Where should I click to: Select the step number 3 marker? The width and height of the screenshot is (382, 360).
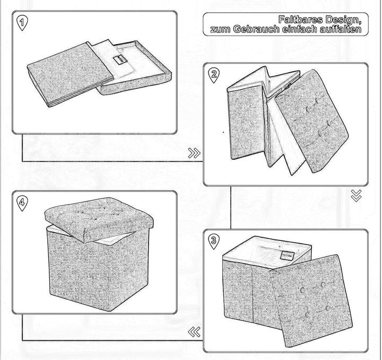coord(213,241)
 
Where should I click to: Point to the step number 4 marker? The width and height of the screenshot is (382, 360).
coord(22,202)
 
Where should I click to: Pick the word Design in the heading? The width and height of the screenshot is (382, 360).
coord(344,20)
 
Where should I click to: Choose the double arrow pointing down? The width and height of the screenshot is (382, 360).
coord(356,196)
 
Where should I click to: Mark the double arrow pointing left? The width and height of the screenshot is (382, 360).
coord(195,332)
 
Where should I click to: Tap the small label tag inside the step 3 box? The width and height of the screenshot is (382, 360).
coord(288,254)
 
